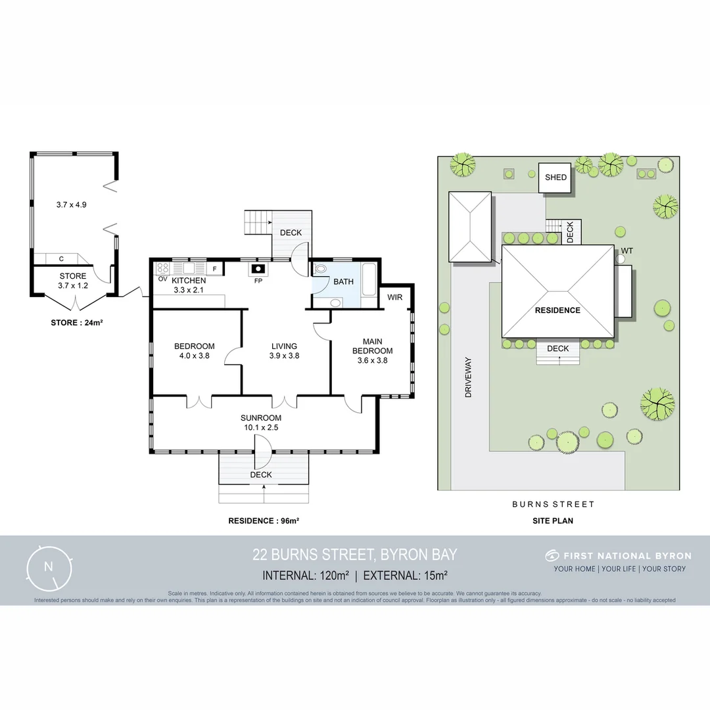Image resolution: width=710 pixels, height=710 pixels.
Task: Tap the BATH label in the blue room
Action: pos(343,281)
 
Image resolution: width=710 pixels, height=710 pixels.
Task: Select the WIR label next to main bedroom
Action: pos(395,297)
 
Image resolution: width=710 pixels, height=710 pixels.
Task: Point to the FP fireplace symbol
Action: pos(258,269)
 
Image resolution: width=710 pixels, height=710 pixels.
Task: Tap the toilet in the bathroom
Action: pos(321,268)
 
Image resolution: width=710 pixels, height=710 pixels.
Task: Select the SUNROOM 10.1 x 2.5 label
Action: pos(260,422)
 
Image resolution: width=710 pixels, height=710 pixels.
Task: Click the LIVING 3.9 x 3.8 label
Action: pos(284,351)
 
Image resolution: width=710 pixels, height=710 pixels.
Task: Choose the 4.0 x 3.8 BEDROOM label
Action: pos(194,351)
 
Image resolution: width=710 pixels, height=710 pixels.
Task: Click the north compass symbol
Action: pos(48,567)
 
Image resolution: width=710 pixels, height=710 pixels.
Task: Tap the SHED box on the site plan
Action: pos(556,177)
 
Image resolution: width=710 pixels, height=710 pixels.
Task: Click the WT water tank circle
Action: pos(620,258)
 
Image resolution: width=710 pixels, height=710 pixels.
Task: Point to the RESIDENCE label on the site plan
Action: pos(557,310)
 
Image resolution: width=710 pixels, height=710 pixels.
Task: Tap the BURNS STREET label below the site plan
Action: pos(553,504)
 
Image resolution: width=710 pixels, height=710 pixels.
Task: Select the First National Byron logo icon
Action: pos(552,556)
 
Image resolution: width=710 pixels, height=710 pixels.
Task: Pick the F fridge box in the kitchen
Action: pos(214,269)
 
